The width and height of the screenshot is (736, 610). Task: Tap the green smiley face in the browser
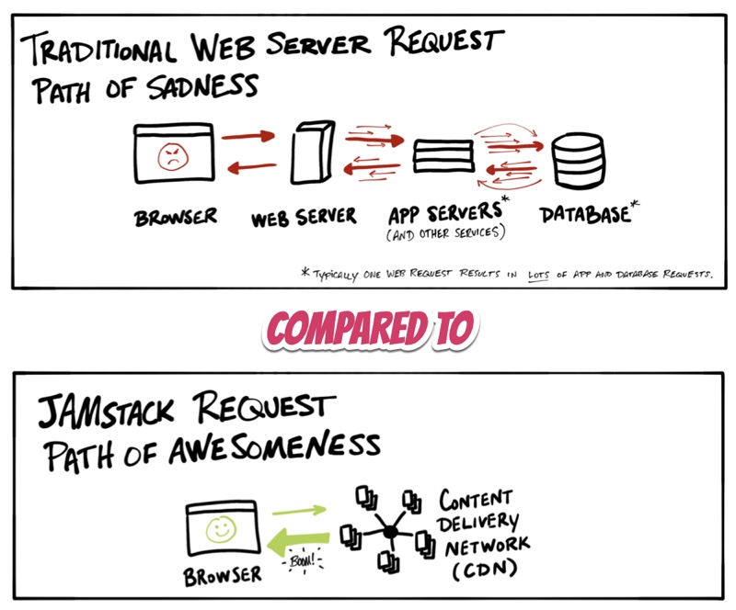[x=219, y=529]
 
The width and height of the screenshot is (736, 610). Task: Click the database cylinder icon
[x=578, y=159]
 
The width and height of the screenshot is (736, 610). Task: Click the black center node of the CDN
[x=388, y=531]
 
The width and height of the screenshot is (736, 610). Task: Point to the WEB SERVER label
[x=303, y=218]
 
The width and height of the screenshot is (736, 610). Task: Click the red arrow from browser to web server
[x=249, y=137]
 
